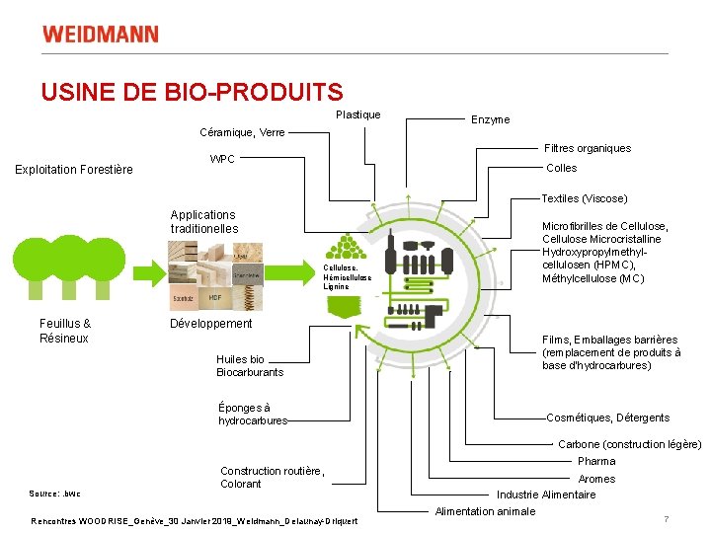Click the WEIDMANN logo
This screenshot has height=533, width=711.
(x=100, y=35)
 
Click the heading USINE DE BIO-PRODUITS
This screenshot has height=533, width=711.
(x=192, y=93)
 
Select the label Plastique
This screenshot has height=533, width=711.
(x=357, y=115)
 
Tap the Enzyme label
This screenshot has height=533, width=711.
(x=490, y=119)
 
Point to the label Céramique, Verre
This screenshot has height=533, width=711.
(x=242, y=132)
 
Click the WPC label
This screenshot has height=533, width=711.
(x=222, y=159)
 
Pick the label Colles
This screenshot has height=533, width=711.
(x=561, y=168)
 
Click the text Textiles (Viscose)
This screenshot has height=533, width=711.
(x=585, y=198)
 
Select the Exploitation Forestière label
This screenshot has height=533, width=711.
(x=74, y=170)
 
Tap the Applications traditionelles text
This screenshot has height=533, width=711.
(x=203, y=221)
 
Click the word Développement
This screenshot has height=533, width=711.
(x=211, y=324)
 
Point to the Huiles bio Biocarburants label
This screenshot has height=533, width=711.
(x=250, y=365)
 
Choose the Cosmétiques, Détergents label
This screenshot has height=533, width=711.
(x=607, y=418)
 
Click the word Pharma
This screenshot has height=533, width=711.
(x=596, y=461)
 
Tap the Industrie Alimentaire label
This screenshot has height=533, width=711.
(x=546, y=495)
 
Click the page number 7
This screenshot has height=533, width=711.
(x=667, y=519)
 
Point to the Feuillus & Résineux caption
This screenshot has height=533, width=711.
(x=64, y=331)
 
